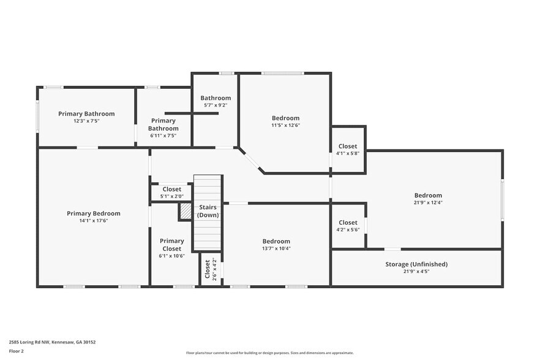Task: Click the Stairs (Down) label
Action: pyautogui.click(x=208, y=211)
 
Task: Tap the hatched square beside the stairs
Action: pyautogui.click(x=185, y=211)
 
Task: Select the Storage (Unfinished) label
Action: pyautogui.click(x=416, y=264)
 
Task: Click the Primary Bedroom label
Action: pyautogui.click(x=94, y=213)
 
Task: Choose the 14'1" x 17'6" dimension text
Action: pyautogui.click(x=94, y=220)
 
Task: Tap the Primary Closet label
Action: pyautogui.click(x=171, y=245)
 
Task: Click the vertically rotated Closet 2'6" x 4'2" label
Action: pyautogui.click(x=211, y=270)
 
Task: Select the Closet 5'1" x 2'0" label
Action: pyautogui.click(x=171, y=192)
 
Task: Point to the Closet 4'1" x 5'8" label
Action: pyautogui.click(x=348, y=149)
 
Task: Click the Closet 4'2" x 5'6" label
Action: pyautogui.click(x=348, y=226)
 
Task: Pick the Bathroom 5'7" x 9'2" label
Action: pyautogui.click(x=216, y=101)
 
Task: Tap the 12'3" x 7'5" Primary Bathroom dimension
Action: pyautogui.click(x=86, y=121)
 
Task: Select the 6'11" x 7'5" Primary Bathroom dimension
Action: pyautogui.click(x=164, y=136)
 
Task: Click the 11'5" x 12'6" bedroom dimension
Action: pyautogui.click(x=286, y=125)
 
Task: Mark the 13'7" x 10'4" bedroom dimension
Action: pyautogui.click(x=276, y=249)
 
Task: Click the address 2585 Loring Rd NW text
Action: pyautogui.click(x=52, y=342)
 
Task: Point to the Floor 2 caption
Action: pyautogui.click(x=17, y=352)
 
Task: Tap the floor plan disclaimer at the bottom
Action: pyautogui.click(x=270, y=353)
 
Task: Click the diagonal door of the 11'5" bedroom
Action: pyautogui.click(x=252, y=160)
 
